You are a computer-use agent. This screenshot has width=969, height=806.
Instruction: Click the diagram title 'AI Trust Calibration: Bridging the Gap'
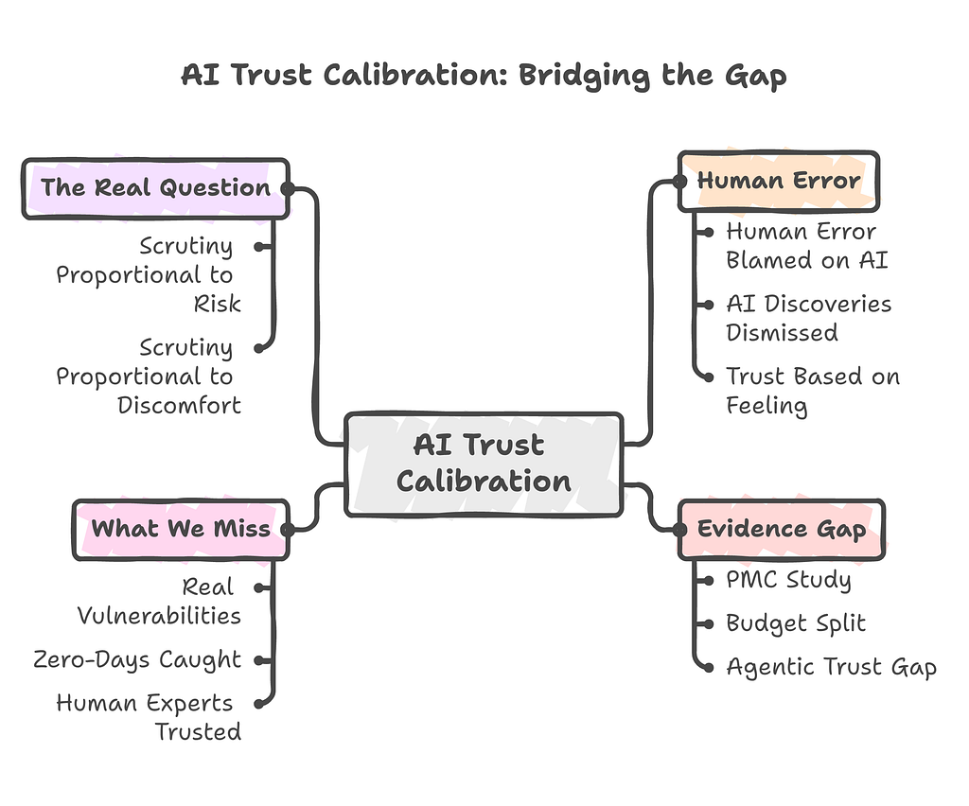click(484, 76)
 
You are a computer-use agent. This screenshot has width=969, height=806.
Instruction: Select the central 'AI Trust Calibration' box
click(484, 464)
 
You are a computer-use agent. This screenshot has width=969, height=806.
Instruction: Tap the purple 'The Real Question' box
click(156, 188)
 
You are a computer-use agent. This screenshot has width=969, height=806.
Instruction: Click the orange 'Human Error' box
click(779, 181)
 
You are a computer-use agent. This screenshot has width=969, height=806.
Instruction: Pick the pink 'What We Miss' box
click(181, 530)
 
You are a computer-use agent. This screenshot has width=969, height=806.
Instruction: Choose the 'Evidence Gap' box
click(782, 530)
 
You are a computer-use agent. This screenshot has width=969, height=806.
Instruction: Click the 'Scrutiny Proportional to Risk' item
click(149, 275)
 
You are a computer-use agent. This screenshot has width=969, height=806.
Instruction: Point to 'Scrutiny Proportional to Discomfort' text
click(149, 377)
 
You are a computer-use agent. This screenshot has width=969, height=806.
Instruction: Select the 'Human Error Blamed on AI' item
click(807, 246)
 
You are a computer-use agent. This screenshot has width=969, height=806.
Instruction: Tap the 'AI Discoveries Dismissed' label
click(809, 318)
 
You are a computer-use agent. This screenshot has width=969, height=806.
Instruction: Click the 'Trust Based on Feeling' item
click(813, 391)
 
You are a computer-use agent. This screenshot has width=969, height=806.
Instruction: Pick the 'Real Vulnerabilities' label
click(159, 601)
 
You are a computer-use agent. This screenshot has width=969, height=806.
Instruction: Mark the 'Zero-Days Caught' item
click(137, 659)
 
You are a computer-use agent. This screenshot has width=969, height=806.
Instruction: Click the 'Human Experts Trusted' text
click(149, 717)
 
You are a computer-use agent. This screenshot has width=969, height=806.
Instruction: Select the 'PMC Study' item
click(788, 580)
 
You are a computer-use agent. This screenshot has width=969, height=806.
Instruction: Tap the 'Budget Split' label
click(796, 623)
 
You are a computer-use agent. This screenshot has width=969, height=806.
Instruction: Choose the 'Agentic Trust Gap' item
click(831, 667)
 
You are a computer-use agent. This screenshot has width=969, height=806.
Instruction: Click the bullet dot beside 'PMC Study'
click(708, 581)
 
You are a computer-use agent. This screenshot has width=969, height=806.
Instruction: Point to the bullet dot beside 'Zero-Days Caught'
click(259, 660)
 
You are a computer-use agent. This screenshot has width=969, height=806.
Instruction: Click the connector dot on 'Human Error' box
click(679, 182)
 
